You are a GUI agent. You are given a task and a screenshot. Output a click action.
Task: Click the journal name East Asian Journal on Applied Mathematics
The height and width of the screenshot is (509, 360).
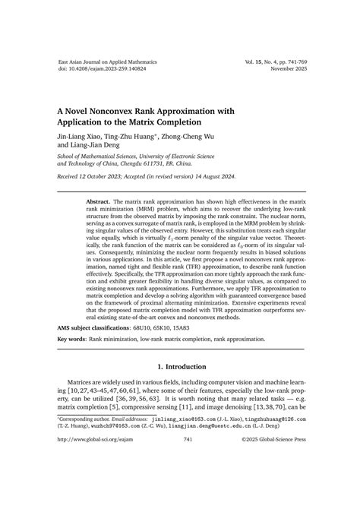[103, 59]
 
